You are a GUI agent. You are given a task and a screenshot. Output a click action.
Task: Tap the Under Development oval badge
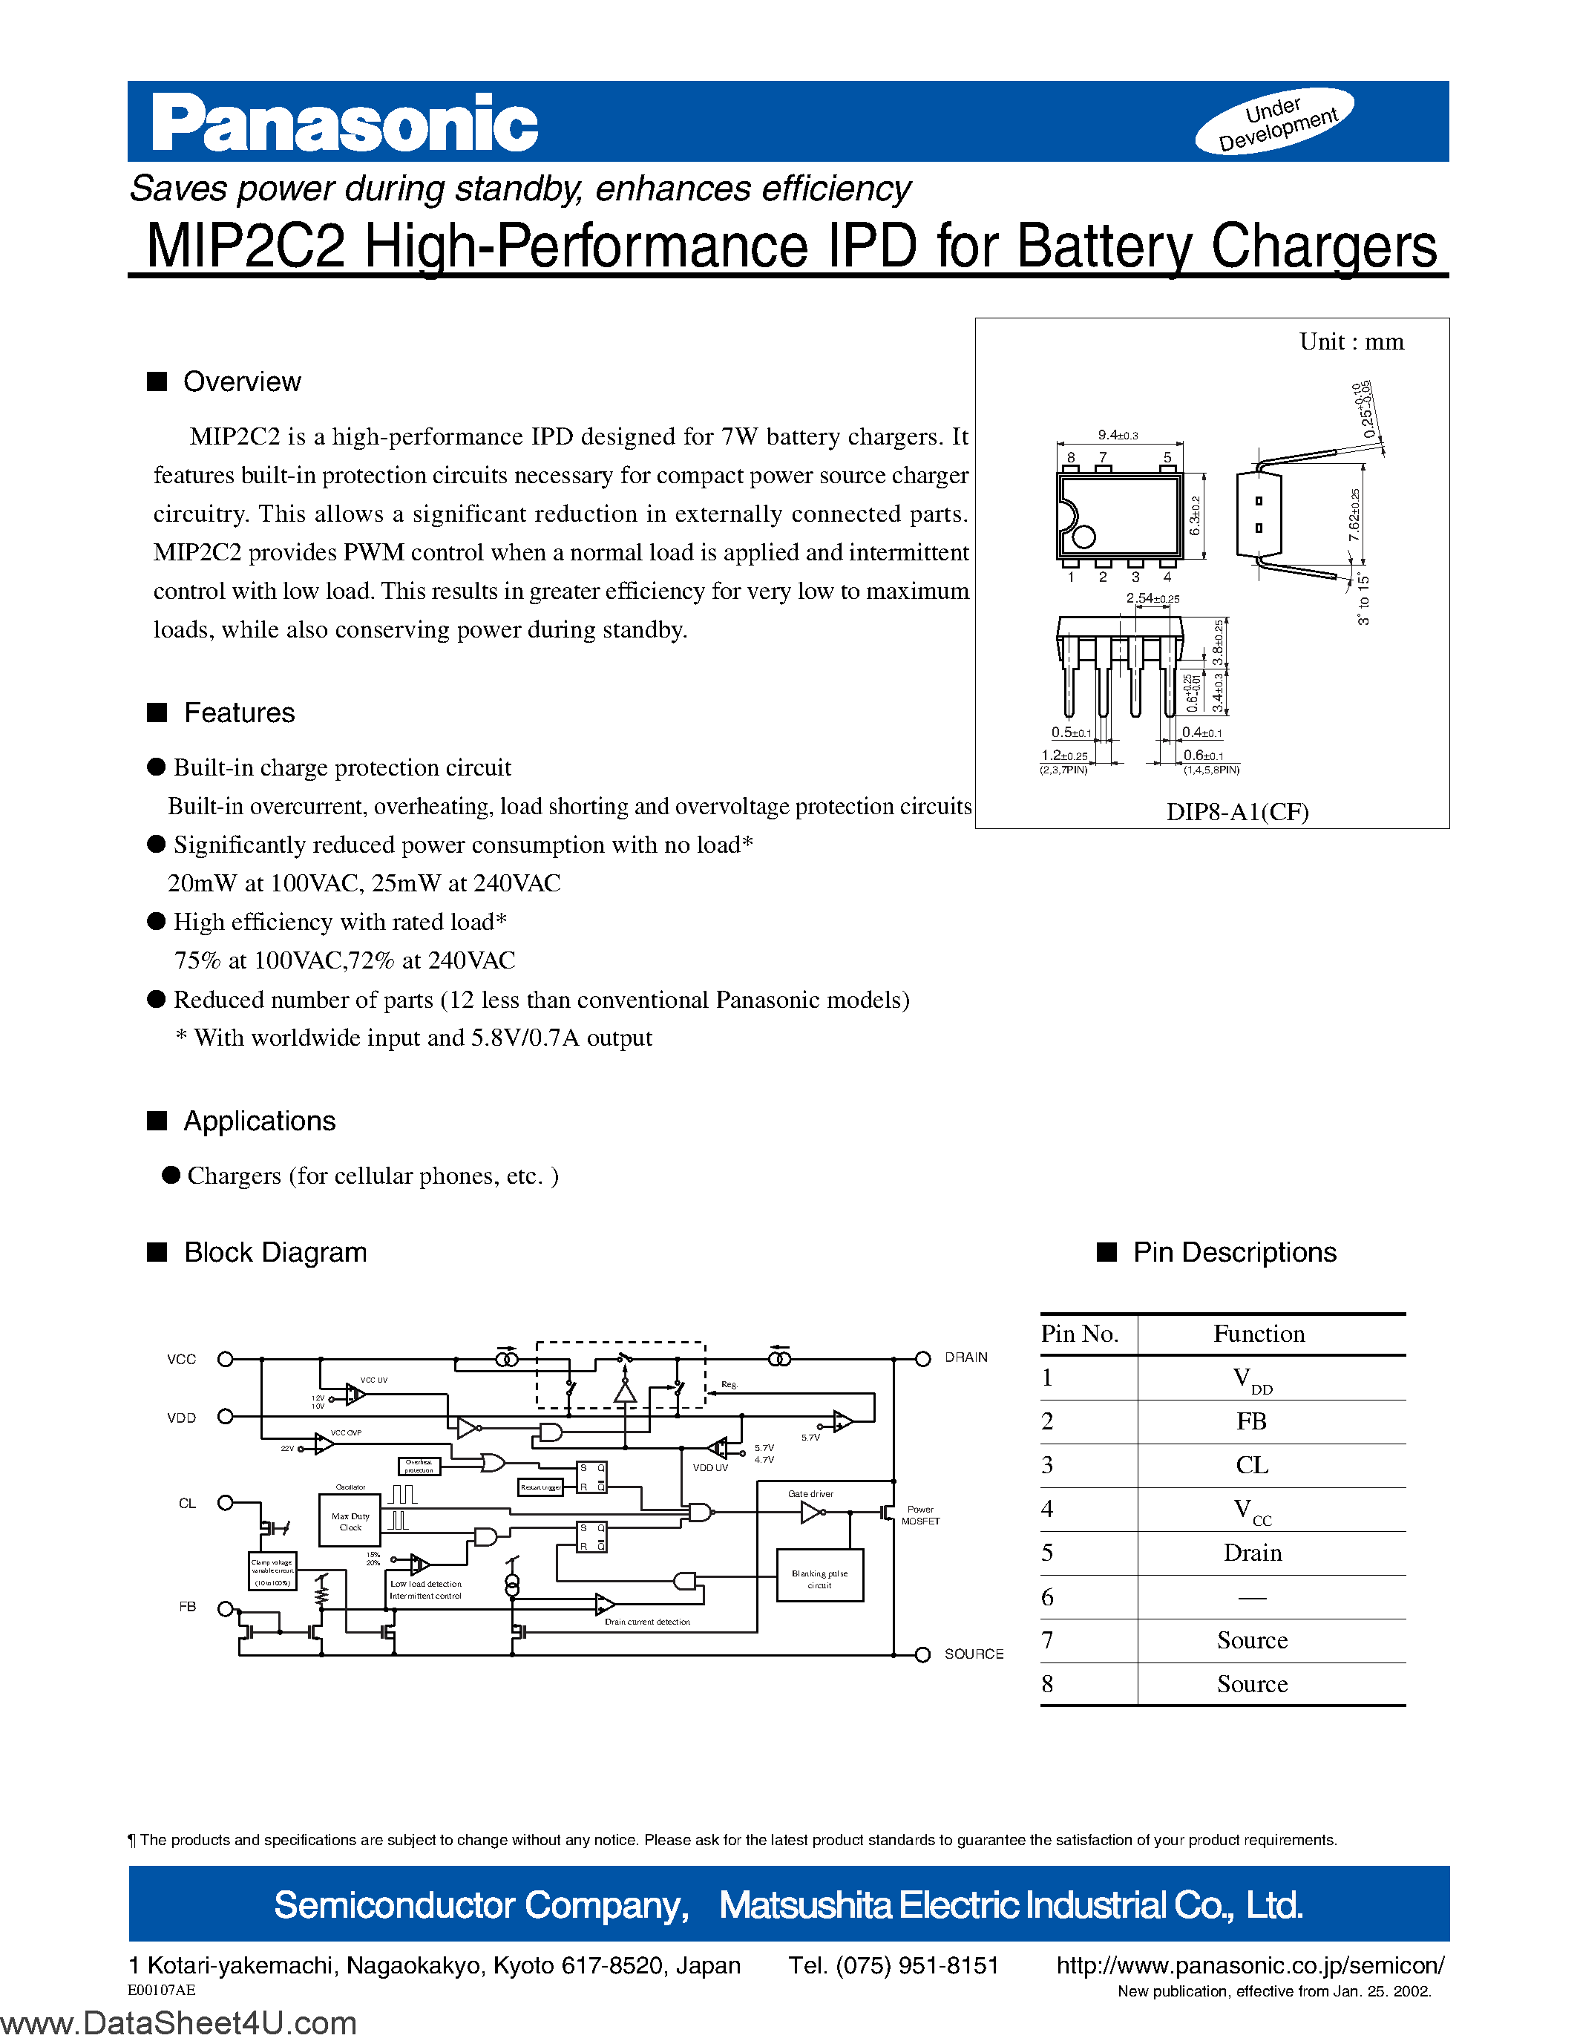click(1275, 122)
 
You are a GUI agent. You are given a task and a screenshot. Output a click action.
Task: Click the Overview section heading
click(241, 382)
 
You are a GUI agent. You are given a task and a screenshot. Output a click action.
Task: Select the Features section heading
click(238, 713)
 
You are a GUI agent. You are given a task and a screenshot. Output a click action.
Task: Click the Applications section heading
click(259, 1121)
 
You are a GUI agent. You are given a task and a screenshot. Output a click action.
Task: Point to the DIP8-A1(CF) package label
click(1237, 811)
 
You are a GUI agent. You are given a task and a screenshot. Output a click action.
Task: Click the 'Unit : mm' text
click(1351, 342)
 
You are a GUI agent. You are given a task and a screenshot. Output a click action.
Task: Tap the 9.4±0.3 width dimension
click(1118, 436)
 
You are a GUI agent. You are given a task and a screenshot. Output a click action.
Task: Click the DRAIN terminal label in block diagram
click(966, 1358)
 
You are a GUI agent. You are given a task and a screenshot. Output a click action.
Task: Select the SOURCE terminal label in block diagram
click(974, 1654)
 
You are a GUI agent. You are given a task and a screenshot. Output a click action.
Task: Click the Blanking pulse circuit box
click(819, 1579)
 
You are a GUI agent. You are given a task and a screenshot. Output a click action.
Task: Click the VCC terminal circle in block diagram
click(225, 1360)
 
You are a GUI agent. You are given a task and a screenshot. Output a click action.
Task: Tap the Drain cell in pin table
click(1252, 1553)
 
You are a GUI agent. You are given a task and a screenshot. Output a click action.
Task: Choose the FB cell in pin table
click(1252, 1421)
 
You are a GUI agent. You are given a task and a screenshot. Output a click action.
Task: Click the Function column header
click(1259, 1334)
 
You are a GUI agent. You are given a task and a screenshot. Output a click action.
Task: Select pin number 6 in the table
click(1047, 1597)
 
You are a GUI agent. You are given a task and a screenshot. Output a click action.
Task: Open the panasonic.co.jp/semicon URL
click(1250, 1966)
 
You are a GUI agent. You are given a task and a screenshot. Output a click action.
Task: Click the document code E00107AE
click(162, 1991)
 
